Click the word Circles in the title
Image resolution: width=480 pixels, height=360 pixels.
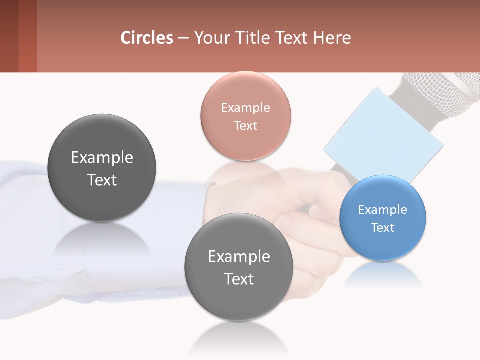tap(146, 38)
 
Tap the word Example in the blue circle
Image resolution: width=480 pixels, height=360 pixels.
tap(382, 209)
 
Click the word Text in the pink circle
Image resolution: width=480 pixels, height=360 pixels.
tap(245, 125)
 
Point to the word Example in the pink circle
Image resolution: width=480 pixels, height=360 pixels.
tap(245, 107)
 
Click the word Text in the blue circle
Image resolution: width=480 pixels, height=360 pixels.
tap(382, 227)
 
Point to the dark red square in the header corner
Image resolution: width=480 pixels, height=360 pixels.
tap(18, 36)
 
